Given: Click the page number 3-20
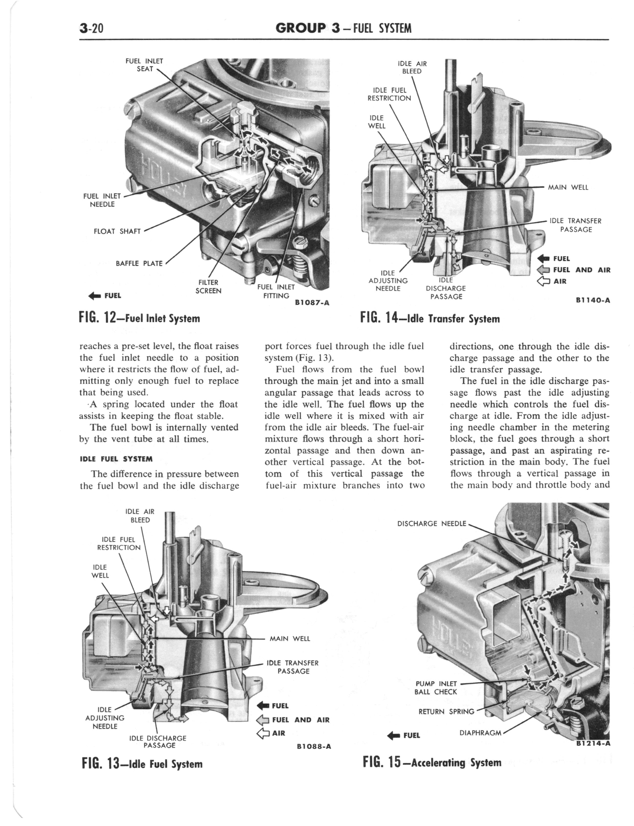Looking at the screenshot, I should click(x=92, y=28).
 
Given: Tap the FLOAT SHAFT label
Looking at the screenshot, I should click(x=117, y=231).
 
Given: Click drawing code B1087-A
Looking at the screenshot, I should click(x=312, y=302).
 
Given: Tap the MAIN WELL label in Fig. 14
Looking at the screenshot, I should click(x=568, y=187).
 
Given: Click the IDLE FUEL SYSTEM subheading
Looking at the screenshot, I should click(x=116, y=459).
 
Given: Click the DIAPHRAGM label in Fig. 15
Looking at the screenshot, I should click(x=480, y=733).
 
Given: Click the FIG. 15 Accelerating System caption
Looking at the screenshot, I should click(x=432, y=762).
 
